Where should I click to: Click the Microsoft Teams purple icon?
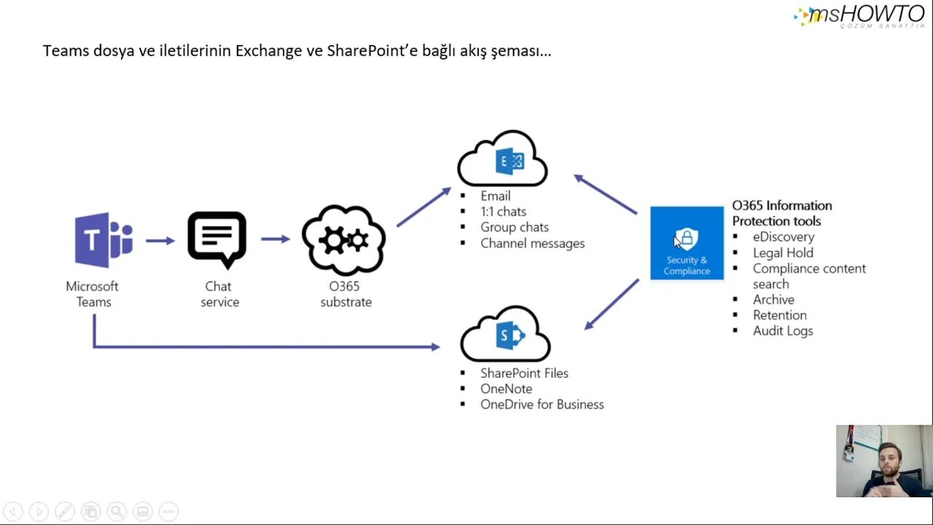point(103,240)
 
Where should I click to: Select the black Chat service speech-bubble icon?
point(217,239)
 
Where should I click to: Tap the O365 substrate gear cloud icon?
point(343,240)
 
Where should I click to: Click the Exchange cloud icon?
point(503,160)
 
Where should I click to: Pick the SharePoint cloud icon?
point(505,334)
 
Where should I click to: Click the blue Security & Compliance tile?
point(687,243)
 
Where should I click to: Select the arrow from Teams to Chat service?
point(160,240)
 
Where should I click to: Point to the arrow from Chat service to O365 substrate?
point(276,239)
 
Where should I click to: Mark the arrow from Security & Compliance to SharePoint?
point(612,303)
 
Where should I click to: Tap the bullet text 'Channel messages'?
point(532,244)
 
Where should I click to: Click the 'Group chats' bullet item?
point(514,227)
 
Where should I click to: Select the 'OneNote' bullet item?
point(506,389)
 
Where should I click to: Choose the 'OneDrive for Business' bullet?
point(542,405)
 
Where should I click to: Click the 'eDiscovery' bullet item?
point(784,237)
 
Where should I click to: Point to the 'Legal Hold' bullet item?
point(783,253)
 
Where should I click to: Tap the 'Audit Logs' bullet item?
point(783,331)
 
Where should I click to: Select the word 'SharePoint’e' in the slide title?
point(367,51)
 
